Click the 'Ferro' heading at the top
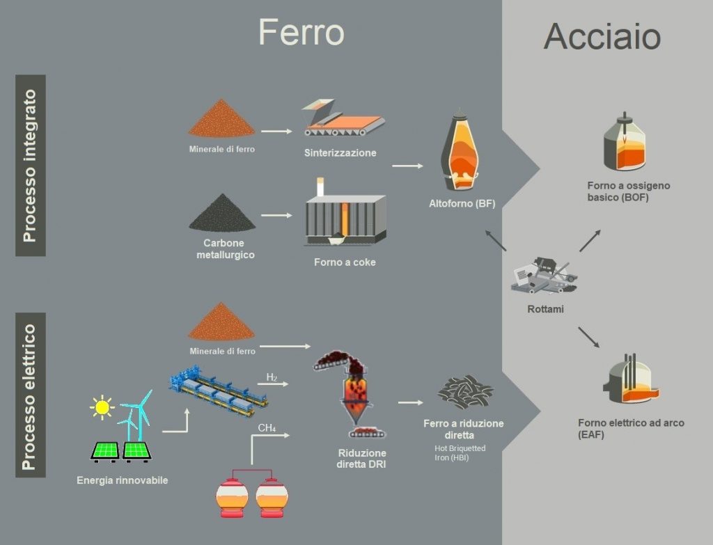301,32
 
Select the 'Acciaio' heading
602,36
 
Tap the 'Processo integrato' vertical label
30,166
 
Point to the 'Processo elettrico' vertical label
30,395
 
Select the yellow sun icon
102,406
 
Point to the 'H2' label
272,378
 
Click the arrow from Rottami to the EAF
588,337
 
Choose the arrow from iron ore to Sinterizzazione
277,131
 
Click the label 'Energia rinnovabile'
123,480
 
